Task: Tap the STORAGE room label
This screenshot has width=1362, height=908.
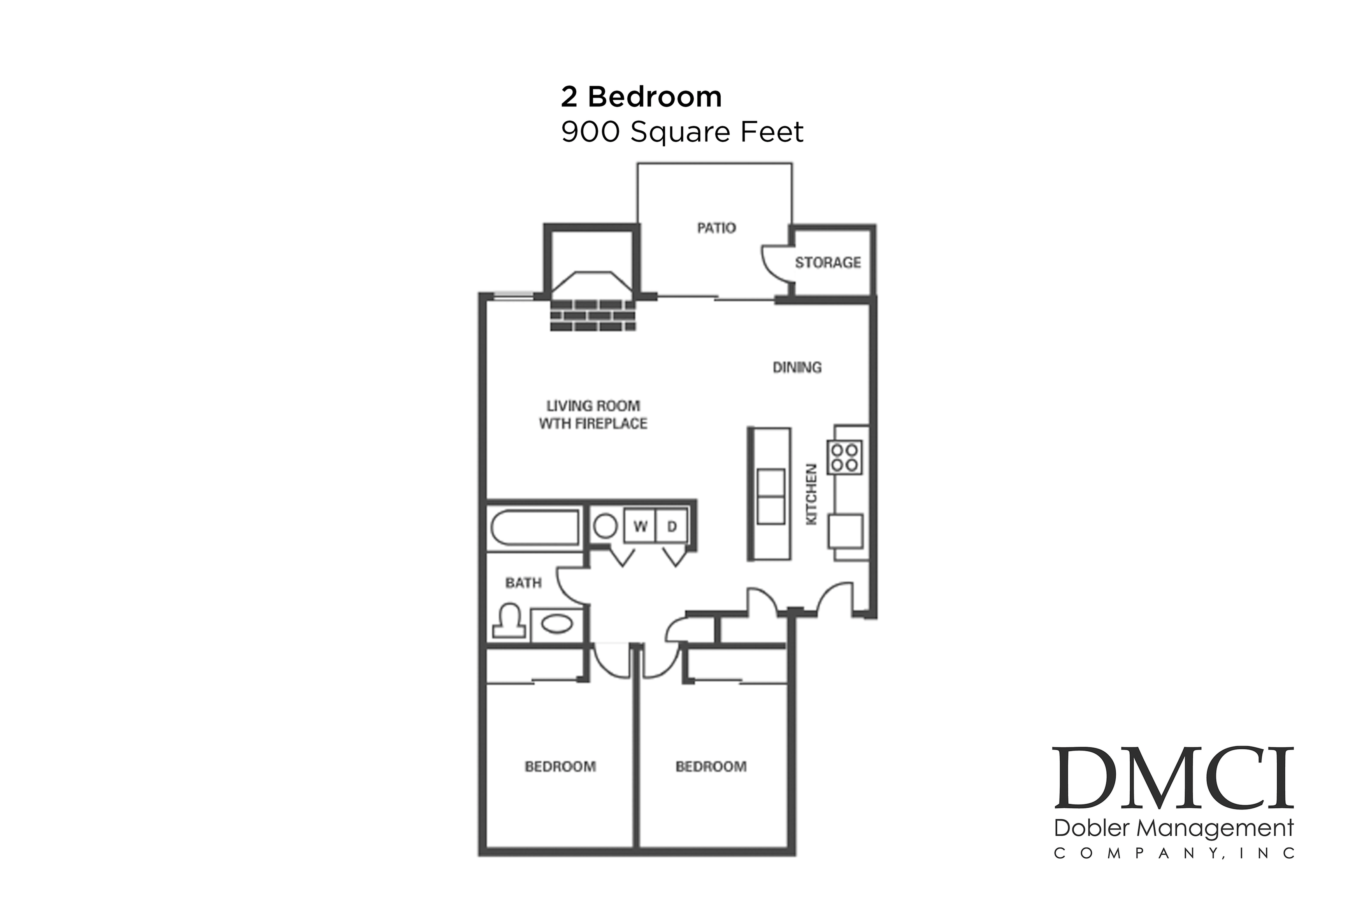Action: (x=827, y=263)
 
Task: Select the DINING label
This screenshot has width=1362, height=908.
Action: (x=797, y=367)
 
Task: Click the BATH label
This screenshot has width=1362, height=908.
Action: (x=523, y=583)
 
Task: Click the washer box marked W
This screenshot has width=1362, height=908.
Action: (x=640, y=527)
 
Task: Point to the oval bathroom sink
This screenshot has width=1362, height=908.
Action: (x=557, y=624)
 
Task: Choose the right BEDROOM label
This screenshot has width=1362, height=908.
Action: (x=711, y=767)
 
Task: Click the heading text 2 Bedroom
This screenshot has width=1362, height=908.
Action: (x=641, y=97)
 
